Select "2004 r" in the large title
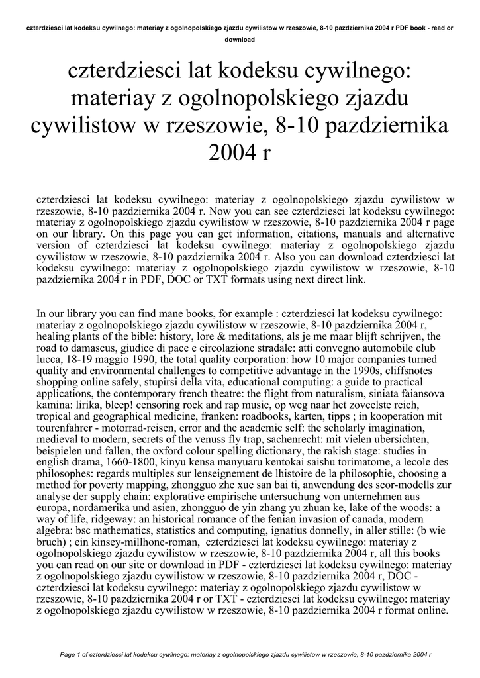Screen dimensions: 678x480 pyautogui.click(x=240, y=153)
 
